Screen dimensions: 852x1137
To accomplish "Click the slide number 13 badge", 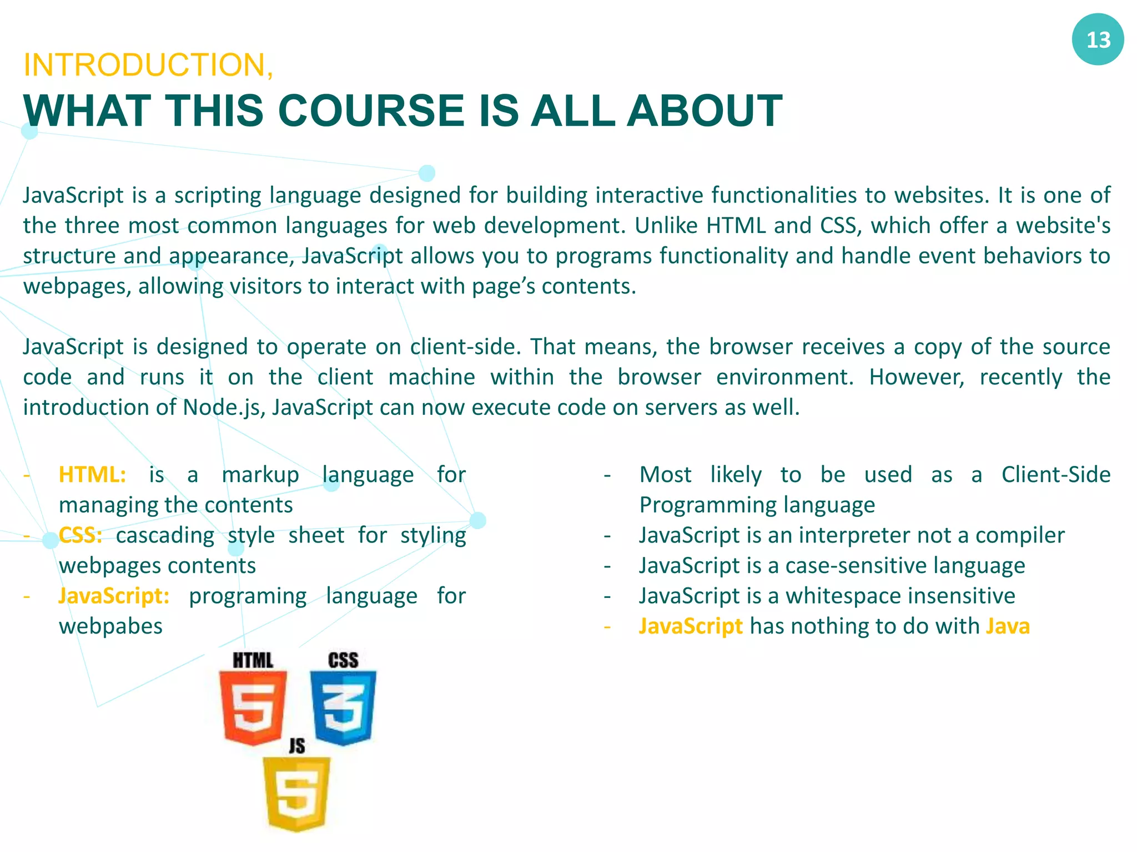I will click(1097, 40).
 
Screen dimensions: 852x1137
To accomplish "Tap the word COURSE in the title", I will click(370, 111).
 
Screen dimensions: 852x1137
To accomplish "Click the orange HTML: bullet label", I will click(92, 475).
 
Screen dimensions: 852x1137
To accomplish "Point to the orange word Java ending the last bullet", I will click(1008, 626).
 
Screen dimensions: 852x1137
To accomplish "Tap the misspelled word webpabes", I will click(110, 626).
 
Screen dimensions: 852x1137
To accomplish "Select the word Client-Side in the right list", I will click(1055, 475).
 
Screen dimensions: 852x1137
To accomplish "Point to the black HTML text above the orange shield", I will click(253, 660).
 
